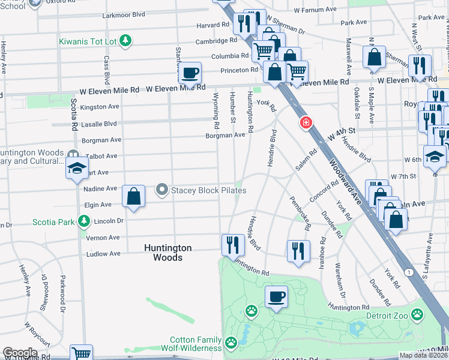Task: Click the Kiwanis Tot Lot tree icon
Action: point(125,41)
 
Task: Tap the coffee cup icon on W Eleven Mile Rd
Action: point(190,73)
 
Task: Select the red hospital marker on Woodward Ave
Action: point(306,123)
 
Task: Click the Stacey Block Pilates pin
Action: point(161,190)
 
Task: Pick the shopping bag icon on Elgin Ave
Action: point(133,196)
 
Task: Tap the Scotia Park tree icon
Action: point(84,222)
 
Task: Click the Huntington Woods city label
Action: point(167,253)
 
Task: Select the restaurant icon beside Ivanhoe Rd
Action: point(298,251)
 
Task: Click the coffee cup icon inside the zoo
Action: point(276,296)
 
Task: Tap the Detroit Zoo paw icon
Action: point(417,314)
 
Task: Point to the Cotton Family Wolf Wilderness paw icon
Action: point(231,343)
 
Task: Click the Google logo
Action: point(20,353)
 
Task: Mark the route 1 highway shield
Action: point(409,272)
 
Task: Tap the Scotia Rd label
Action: point(74,115)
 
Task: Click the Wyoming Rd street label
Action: point(216,110)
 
